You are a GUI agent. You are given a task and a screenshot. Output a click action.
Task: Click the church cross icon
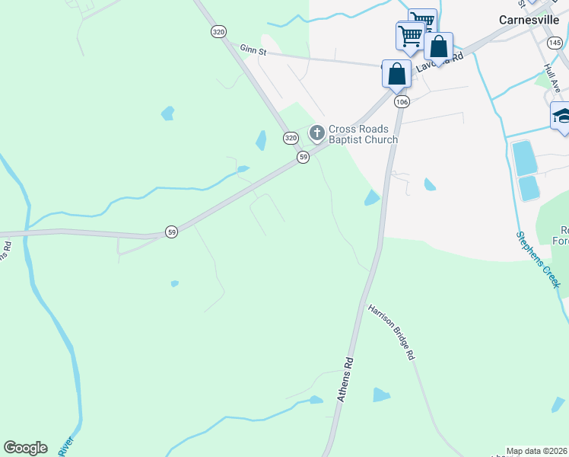[x=316, y=134]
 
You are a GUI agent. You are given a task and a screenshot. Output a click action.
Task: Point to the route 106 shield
[x=402, y=101]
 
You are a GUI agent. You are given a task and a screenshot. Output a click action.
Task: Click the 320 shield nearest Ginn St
[x=219, y=31]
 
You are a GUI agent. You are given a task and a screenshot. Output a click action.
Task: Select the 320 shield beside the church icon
[x=291, y=138]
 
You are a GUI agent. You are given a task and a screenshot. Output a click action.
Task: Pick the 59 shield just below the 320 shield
[x=304, y=156]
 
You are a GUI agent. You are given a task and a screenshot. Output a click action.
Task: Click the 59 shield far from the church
[x=172, y=232]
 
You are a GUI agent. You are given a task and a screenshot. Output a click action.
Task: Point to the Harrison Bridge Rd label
[x=392, y=332]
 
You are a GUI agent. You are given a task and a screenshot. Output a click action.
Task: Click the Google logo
[x=25, y=447]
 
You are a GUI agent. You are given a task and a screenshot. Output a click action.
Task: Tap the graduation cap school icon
[x=563, y=117]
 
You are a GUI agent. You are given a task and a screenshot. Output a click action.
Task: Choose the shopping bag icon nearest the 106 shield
[x=396, y=74]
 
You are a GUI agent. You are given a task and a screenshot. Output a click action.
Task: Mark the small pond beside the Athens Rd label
[x=381, y=395]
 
